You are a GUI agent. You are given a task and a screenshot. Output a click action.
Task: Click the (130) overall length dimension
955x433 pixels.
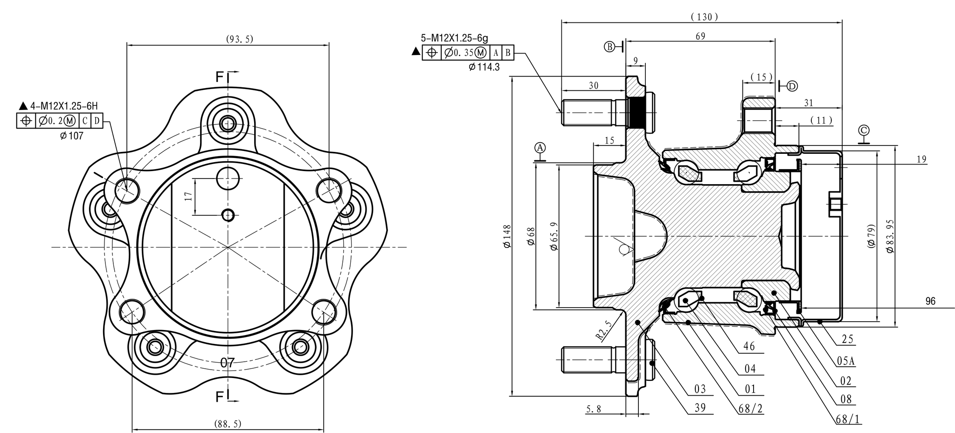pos(704,17)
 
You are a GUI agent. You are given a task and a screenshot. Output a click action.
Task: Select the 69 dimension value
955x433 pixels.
pos(700,36)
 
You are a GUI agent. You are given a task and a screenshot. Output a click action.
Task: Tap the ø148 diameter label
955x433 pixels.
pos(507,236)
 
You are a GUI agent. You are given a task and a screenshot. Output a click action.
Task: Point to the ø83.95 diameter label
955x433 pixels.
pos(889,236)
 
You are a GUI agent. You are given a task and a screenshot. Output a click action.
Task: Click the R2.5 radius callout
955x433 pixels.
pos(603,330)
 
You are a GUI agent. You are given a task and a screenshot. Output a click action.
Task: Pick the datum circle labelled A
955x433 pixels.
pos(540,148)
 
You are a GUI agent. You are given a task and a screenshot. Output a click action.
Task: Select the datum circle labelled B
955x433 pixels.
pos(610,46)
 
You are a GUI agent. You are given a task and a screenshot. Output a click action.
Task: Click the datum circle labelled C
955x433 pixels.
pos(864,130)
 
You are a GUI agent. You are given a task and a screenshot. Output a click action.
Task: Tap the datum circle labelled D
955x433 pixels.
pos(792,86)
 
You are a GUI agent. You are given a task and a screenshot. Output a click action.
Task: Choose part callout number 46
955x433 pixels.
pos(749,346)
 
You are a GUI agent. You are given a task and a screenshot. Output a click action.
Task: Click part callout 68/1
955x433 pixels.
pos(848,419)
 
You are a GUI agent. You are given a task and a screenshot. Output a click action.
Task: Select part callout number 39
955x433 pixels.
pos(700,408)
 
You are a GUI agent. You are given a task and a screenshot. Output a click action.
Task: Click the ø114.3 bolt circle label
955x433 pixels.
pos(484,67)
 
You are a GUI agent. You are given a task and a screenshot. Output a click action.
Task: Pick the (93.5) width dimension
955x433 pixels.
pos(240,39)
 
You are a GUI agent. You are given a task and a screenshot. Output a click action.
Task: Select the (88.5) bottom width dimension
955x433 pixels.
pos(228,424)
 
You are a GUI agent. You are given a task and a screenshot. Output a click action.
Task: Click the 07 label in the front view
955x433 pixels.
pos(227,363)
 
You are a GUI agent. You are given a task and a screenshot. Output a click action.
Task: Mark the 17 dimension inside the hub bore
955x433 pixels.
pos(188,196)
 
